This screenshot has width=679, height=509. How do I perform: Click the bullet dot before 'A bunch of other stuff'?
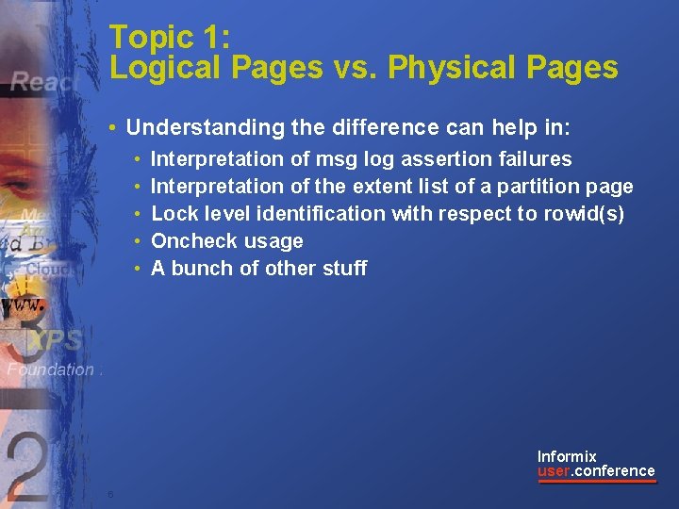click(138, 269)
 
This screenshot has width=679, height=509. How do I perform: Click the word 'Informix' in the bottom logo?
click(567, 456)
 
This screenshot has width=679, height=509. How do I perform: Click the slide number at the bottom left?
click(110, 494)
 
